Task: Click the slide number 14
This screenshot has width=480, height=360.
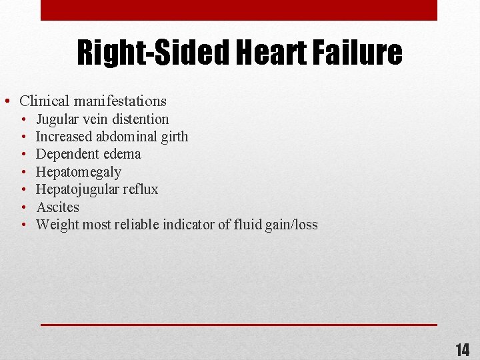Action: [462, 349]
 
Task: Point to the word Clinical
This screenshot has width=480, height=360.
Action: [45, 101]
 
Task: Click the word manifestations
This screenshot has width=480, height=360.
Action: [120, 101]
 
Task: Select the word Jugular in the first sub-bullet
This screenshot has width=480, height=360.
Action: [55, 119]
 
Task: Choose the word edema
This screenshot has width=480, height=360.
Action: [123, 154]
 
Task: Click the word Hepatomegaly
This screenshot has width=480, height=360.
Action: [79, 172]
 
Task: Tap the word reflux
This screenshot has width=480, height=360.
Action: [141, 189]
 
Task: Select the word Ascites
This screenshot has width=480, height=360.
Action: [57, 207]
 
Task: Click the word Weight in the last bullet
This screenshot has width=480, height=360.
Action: [55, 225]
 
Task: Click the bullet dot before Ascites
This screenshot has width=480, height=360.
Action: [23, 207]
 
